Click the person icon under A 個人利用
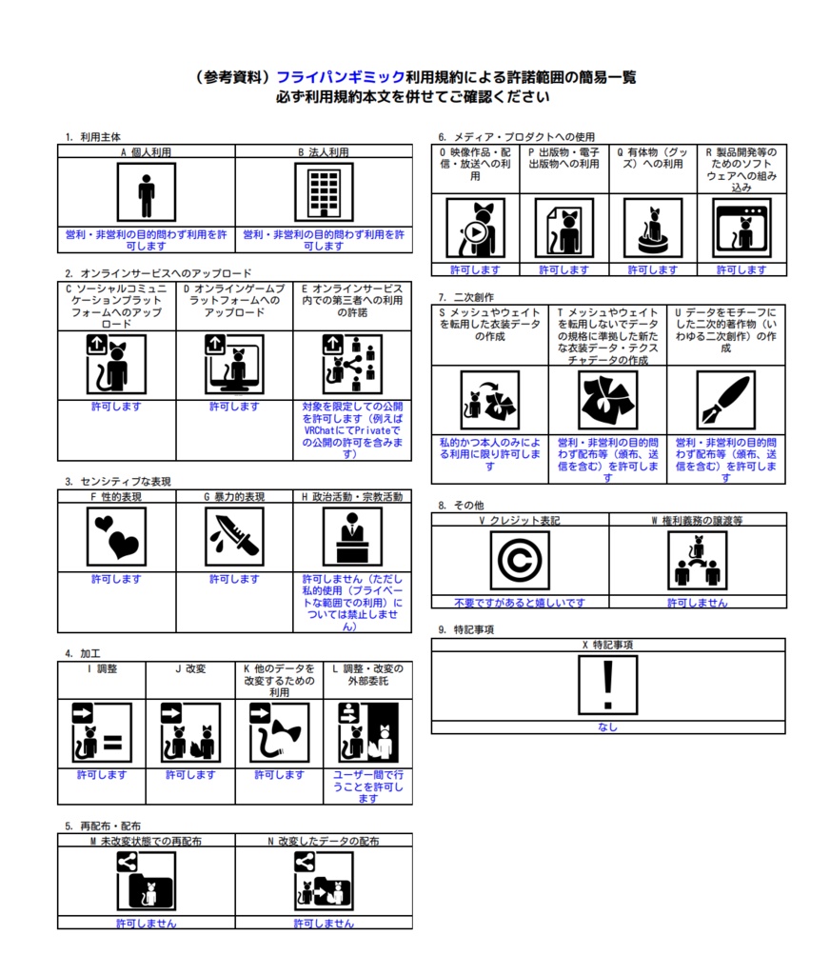click(146, 192)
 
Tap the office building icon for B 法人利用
click(324, 192)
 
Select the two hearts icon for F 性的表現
click(116, 537)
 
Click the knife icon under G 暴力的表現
click(234, 537)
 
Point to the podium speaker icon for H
click(352, 537)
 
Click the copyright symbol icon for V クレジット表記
click(520, 560)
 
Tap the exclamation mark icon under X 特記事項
click(608, 685)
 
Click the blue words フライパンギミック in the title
click(341, 77)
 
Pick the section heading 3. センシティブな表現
click(117, 481)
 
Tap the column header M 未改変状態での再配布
click(146, 841)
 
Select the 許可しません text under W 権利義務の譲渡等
click(698, 603)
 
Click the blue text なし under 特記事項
click(608, 726)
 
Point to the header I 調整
click(102, 668)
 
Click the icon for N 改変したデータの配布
click(324, 881)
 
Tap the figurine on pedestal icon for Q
click(653, 229)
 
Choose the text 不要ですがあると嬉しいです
click(520, 603)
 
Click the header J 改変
click(190, 668)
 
